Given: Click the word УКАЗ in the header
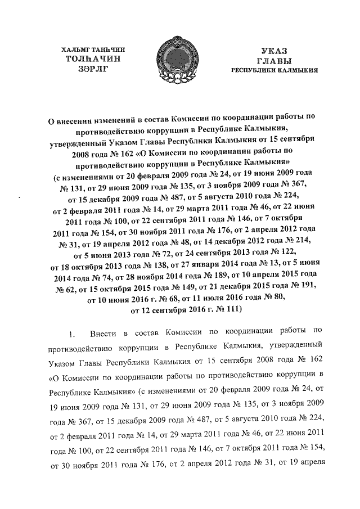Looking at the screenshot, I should click(273, 50).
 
